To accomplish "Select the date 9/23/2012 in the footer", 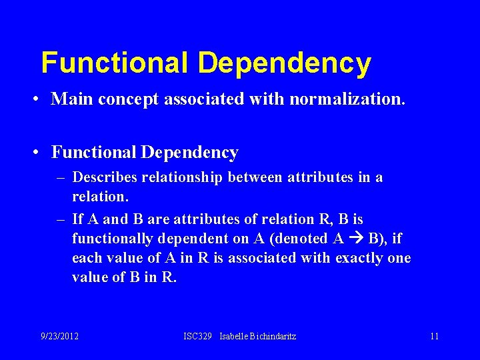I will (59, 336).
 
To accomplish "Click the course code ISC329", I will (197, 336).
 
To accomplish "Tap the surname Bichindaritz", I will (274, 336).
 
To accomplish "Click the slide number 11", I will (434, 336).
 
